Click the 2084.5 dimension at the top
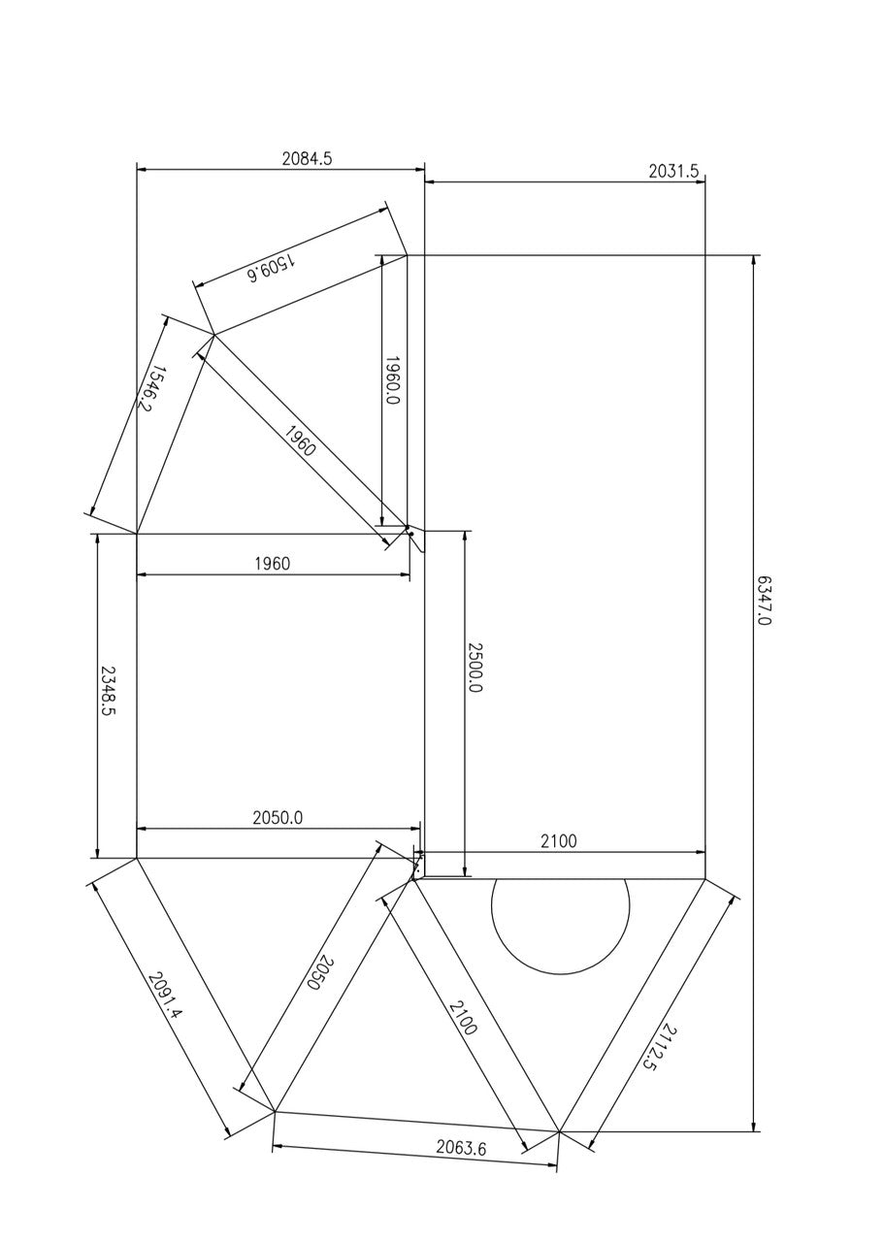[x=307, y=159]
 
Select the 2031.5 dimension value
[x=673, y=172]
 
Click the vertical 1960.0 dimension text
[x=392, y=380]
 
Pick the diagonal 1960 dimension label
[x=301, y=440]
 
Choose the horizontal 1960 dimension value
[x=272, y=564]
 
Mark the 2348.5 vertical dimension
[x=109, y=691]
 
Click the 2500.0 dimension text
[x=475, y=668]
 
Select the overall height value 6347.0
[x=764, y=601]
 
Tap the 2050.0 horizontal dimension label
[x=278, y=818]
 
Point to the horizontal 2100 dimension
[x=558, y=841]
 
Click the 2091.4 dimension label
[x=164, y=996]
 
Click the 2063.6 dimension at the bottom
[x=461, y=1148]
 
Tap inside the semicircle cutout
[x=560, y=917]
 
